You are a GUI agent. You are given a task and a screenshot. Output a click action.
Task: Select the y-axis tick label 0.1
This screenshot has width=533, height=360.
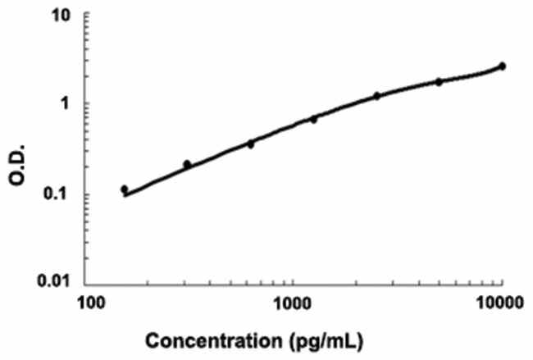point(64,194)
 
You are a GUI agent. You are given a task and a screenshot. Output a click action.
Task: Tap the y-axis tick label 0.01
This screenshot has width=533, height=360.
point(60,284)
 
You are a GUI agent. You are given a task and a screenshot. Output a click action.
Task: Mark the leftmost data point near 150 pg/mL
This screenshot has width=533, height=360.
point(124,189)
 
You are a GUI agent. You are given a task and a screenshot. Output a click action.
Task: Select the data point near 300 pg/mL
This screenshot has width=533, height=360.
point(187,165)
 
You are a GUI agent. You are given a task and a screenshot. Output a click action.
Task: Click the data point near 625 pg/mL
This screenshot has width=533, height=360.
point(251,144)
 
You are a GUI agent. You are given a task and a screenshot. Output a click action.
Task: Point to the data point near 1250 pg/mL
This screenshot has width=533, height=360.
point(313,119)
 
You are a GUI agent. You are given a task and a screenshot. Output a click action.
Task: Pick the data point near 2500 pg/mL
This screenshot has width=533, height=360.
point(376,96)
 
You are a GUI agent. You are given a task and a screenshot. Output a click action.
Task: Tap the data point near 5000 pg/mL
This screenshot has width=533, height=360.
point(439,82)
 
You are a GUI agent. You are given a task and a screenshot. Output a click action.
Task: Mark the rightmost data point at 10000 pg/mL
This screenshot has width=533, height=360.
point(502,66)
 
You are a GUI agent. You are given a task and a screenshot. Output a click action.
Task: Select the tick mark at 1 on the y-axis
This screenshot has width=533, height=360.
point(90,104)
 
